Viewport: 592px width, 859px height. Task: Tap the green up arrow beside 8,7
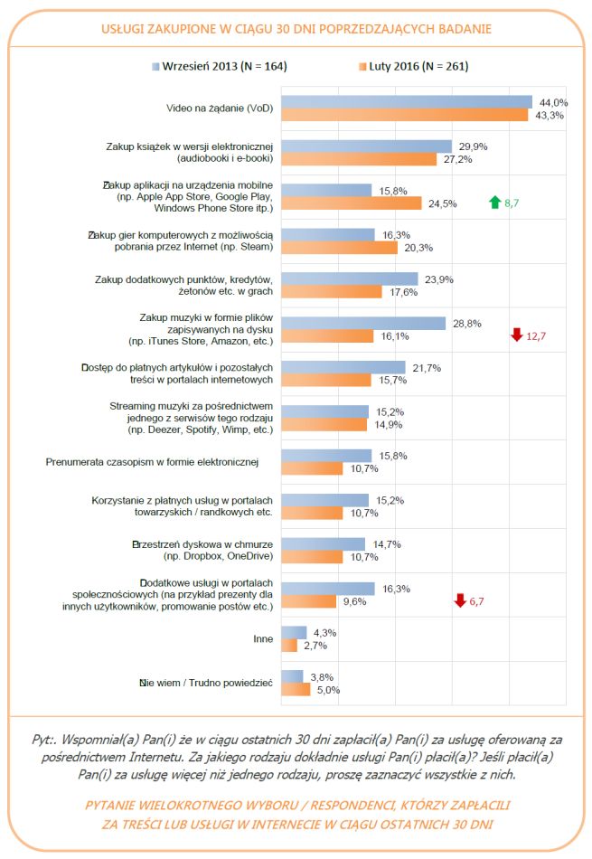point(493,203)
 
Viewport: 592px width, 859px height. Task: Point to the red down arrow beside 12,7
point(516,335)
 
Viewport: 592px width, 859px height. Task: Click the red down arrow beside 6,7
point(460,601)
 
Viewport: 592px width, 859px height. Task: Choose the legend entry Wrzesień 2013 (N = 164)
point(221,66)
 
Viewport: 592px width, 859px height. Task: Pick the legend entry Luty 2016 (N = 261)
point(418,66)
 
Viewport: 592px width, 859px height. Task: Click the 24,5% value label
point(443,203)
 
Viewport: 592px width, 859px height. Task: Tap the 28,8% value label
point(466,323)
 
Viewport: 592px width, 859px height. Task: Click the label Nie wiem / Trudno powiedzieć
point(205,684)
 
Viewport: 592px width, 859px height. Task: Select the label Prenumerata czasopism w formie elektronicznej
point(152,462)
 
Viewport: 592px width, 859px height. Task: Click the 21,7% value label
point(427,367)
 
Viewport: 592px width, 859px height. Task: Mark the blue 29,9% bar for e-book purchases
point(366,146)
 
